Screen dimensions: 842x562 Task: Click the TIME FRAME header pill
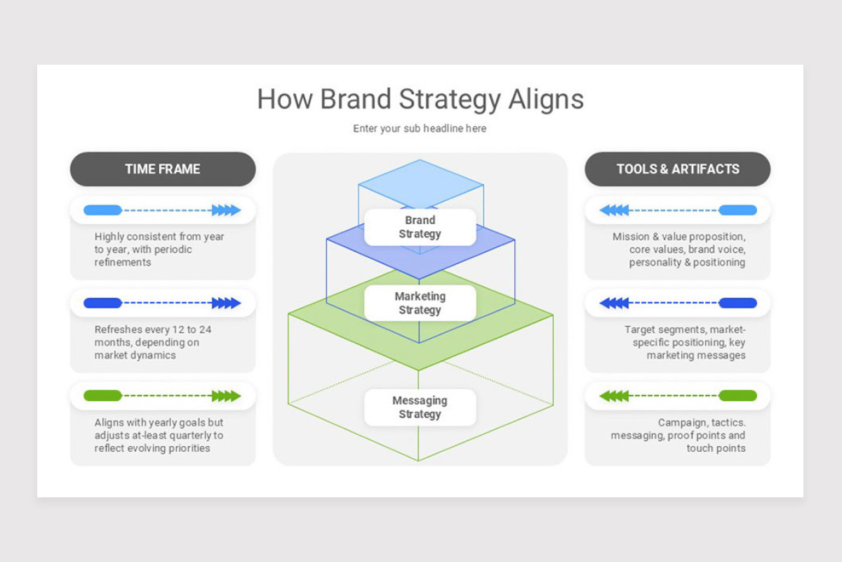click(163, 169)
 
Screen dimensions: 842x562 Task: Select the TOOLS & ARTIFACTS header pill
click(677, 169)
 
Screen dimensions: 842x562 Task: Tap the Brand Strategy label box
click(420, 227)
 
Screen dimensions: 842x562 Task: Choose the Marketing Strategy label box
click(420, 303)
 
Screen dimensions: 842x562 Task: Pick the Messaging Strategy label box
click(420, 407)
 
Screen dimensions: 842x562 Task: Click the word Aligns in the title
click(546, 100)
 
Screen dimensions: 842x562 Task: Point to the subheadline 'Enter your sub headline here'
click(420, 129)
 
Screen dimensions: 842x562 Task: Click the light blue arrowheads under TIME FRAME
click(226, 210)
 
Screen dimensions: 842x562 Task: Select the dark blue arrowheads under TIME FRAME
click(226, 303)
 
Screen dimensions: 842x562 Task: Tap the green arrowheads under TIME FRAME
click(226, 396)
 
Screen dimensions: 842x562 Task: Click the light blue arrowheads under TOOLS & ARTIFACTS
click(614, 210)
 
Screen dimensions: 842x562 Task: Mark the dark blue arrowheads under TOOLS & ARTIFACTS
click(614, 303)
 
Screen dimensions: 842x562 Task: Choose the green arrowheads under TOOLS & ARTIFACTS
click(614, 396)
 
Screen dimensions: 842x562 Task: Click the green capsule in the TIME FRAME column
click(102, 396)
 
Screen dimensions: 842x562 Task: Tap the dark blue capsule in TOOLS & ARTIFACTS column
click(737, 303)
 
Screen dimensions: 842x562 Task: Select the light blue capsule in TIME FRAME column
click(102, 210)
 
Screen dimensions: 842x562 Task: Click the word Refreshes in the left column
click(118, 329)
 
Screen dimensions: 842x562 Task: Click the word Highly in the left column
click(109, 237)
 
